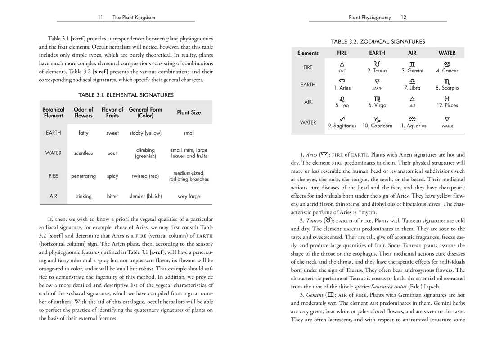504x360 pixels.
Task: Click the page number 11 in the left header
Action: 101,18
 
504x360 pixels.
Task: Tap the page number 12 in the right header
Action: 404,18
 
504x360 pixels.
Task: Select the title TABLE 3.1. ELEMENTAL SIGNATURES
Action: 126,95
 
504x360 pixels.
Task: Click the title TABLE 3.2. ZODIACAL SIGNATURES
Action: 378,41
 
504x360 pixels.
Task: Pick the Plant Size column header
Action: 189,112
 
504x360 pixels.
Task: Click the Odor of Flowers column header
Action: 84,112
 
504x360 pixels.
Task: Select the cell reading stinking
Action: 84,196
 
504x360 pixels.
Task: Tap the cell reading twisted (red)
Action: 145,176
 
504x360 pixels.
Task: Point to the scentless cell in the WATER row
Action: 84,153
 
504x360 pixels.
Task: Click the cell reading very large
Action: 189,196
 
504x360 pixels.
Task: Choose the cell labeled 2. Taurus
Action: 378,71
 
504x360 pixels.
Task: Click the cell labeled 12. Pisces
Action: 447,105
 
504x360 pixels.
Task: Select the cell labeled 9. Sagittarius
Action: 342,126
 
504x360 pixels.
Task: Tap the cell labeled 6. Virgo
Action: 378,105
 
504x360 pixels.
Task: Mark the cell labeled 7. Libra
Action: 412,88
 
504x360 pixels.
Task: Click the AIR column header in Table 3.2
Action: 412,53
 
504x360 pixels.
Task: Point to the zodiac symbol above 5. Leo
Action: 342,99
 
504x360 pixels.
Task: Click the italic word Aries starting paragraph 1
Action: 311,155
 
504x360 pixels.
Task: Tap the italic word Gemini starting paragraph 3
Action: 315,295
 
